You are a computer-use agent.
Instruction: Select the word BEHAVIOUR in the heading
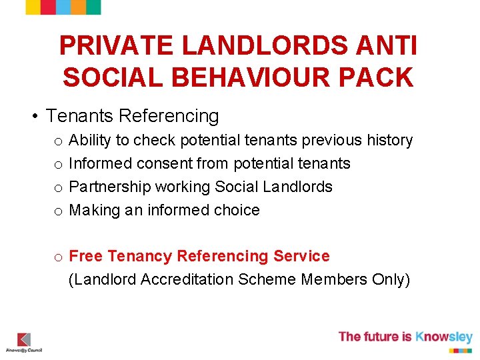242,78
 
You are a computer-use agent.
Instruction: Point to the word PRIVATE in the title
116,46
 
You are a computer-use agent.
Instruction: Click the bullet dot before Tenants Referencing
33,117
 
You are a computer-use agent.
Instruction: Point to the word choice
237,210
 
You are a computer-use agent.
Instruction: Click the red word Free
85,257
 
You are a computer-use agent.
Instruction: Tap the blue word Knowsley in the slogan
443,337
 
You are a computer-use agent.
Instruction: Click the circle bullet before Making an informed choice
59,211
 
